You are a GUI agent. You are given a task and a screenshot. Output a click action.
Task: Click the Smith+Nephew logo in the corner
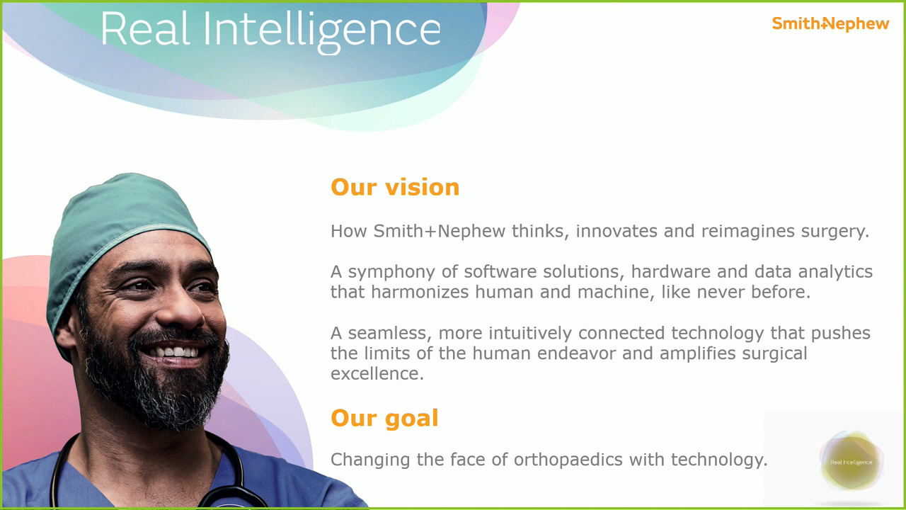830,24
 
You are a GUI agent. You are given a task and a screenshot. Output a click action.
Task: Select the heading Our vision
395,188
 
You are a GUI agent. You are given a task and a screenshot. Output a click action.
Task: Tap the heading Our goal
384,419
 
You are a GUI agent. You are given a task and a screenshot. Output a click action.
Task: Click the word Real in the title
145,30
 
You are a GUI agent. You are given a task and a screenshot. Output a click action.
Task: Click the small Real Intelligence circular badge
851,462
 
